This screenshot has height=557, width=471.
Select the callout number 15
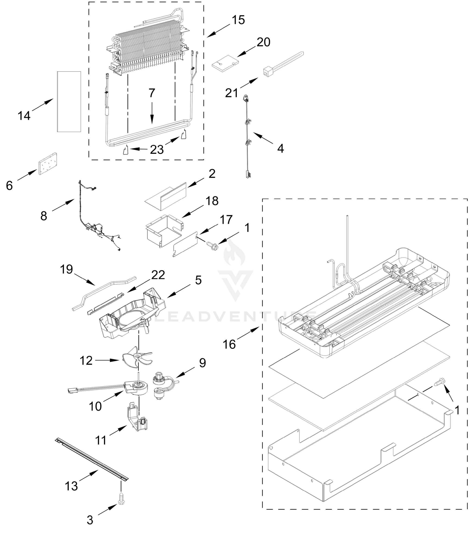tap(238, 20)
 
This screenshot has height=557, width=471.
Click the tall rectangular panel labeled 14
tap(69, 102)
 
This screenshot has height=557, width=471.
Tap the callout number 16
tap(229, 344)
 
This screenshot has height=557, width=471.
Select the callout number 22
tap(158, 275)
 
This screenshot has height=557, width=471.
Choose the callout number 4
tap(280, 148)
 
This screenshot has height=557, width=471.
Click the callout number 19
tap(66, 269)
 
